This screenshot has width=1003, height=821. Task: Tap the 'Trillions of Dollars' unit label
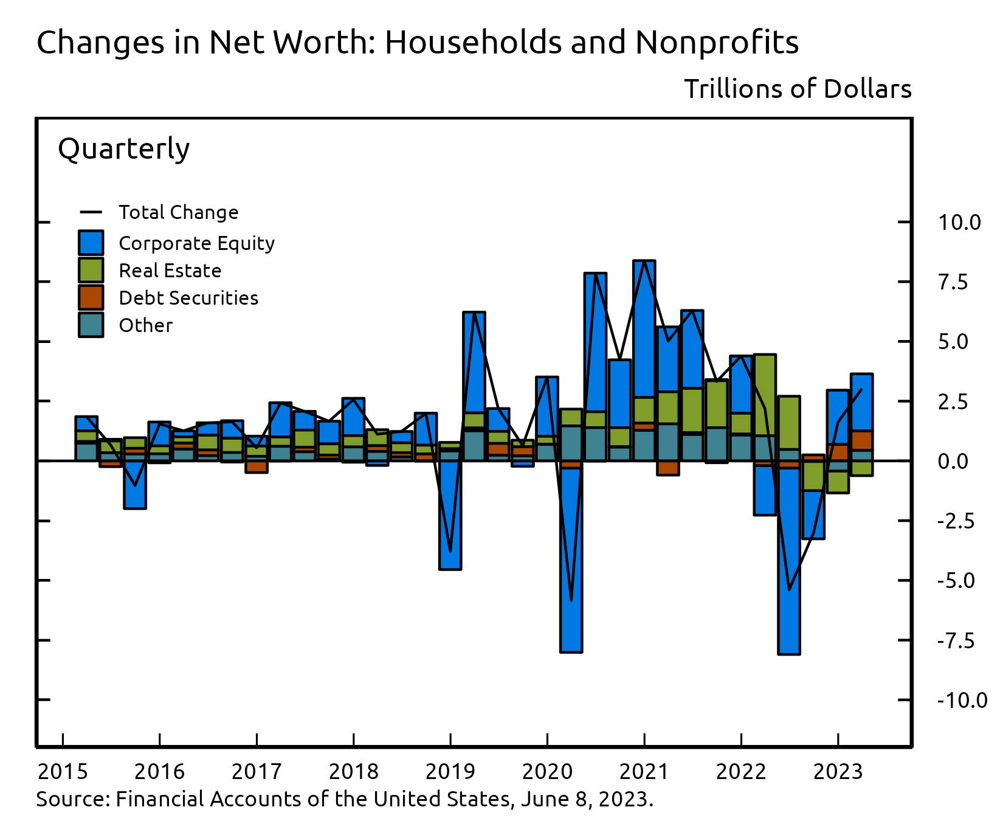point(798,89)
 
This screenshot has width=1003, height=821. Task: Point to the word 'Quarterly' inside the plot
point(123,149)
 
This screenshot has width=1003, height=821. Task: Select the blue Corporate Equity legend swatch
point(91,243)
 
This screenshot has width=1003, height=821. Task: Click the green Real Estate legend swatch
point(91,270)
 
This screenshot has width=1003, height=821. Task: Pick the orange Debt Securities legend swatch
point(91,297)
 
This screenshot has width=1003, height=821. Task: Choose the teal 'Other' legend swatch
point(91,325)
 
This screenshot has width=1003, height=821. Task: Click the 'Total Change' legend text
point(178,212)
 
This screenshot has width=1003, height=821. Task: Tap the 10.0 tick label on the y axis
point(959,223)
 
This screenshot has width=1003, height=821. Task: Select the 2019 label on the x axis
point(450,772)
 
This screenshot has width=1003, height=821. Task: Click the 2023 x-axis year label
point(838,772)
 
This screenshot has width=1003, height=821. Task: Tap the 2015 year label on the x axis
point(63,772)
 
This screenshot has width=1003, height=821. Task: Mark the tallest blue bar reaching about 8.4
point(644,328)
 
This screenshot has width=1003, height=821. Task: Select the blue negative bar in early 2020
point(571,559)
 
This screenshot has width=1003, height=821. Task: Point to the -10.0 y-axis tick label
point(962,701)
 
